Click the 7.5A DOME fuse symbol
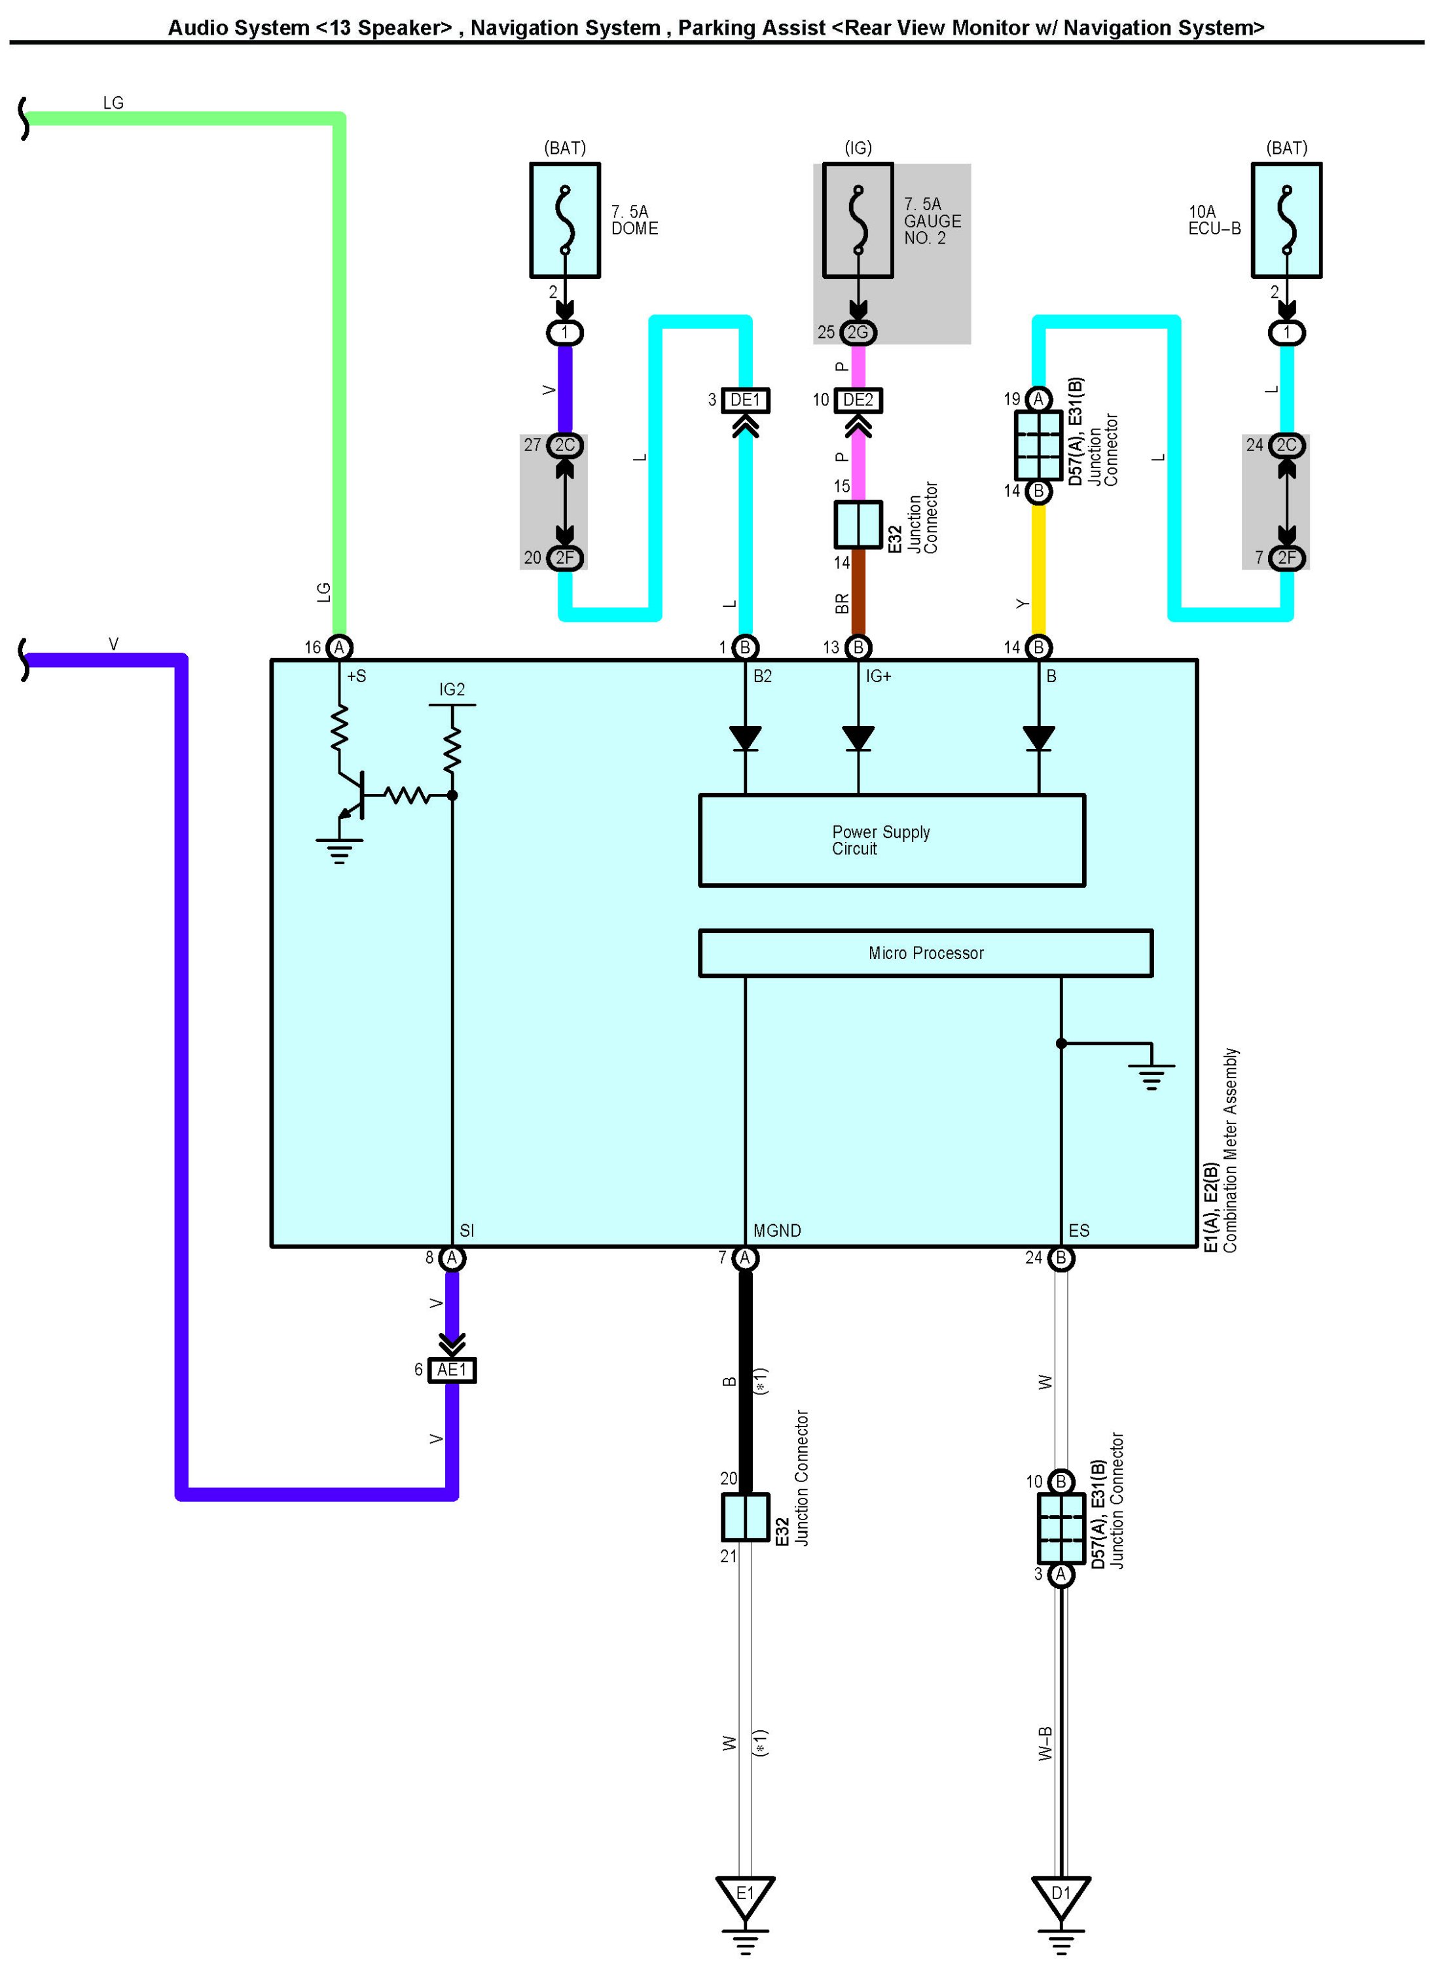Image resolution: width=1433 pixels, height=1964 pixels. point(565,221)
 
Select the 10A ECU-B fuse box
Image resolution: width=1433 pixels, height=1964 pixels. point(1286,221)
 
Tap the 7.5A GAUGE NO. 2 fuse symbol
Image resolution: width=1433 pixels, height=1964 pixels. point(858,221)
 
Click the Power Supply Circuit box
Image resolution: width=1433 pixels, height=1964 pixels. point(892,840)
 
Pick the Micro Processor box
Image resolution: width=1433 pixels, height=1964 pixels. point(926,953)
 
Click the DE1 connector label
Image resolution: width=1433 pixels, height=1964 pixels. point(745,400)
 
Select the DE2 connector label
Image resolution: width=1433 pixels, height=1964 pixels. point(858,400)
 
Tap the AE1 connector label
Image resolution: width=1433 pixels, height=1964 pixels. point(452,1370)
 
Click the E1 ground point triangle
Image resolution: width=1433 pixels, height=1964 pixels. point(745,1897)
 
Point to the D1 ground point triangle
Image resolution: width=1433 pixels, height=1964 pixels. point(1061,1897)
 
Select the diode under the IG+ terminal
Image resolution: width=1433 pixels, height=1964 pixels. point(858,738)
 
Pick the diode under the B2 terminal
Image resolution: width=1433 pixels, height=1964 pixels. point(745,738)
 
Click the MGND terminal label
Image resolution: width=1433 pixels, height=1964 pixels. point(777,1231)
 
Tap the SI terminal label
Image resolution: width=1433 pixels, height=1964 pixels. point(467,1231)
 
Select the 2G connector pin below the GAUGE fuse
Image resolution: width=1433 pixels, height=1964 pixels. point(858,333)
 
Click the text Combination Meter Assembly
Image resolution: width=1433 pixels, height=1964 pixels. point(1231,1150)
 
